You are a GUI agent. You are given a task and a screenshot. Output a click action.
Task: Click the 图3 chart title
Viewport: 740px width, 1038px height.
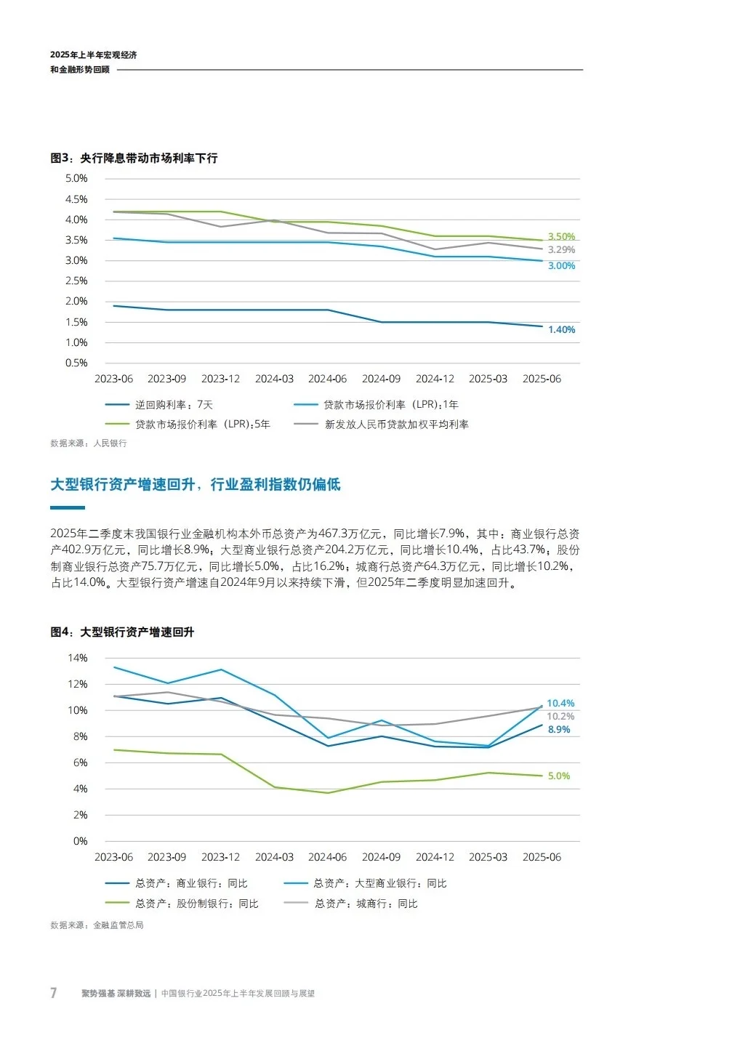(134, 158)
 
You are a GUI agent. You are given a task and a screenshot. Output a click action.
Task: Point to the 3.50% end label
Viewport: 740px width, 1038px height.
(561, 236)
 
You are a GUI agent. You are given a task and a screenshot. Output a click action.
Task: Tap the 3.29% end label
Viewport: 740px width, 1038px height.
(561, 249)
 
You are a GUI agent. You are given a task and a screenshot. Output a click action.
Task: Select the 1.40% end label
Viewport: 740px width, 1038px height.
(561, 329)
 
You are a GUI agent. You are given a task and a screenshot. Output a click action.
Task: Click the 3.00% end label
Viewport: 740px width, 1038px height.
(561, 265)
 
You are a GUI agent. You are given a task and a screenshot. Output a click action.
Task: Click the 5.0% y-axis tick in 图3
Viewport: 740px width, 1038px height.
(76, 178)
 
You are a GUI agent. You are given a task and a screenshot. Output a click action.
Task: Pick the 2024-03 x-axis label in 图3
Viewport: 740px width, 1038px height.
(274, 379)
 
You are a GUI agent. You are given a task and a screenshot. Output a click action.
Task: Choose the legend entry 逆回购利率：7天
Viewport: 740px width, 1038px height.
(174, 404)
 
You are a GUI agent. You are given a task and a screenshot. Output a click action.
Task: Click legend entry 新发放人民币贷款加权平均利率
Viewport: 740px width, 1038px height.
(396, 424)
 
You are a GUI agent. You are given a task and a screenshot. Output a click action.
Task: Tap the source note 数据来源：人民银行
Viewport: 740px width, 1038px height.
(89, 443)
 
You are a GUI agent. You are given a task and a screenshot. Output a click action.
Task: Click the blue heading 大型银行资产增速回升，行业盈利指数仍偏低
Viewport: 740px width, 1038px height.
(196, 484)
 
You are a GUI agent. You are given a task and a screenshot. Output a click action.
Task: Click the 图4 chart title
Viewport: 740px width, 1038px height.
(122, 632)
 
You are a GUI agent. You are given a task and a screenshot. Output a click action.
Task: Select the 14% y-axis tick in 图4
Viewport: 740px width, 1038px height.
(78, 658)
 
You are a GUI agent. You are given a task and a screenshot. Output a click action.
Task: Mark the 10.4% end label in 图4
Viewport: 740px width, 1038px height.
(560, 703)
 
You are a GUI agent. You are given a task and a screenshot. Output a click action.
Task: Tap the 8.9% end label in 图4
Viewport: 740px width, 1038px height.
(559, 729)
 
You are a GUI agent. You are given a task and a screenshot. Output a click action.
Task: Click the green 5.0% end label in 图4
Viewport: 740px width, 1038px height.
(559, 776)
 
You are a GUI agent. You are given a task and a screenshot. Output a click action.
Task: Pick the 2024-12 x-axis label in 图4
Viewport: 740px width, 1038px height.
(435, 857)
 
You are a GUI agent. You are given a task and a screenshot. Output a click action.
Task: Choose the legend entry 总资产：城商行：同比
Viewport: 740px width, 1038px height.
(366, 904)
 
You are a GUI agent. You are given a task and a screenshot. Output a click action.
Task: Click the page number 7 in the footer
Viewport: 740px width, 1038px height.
(53, 993)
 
